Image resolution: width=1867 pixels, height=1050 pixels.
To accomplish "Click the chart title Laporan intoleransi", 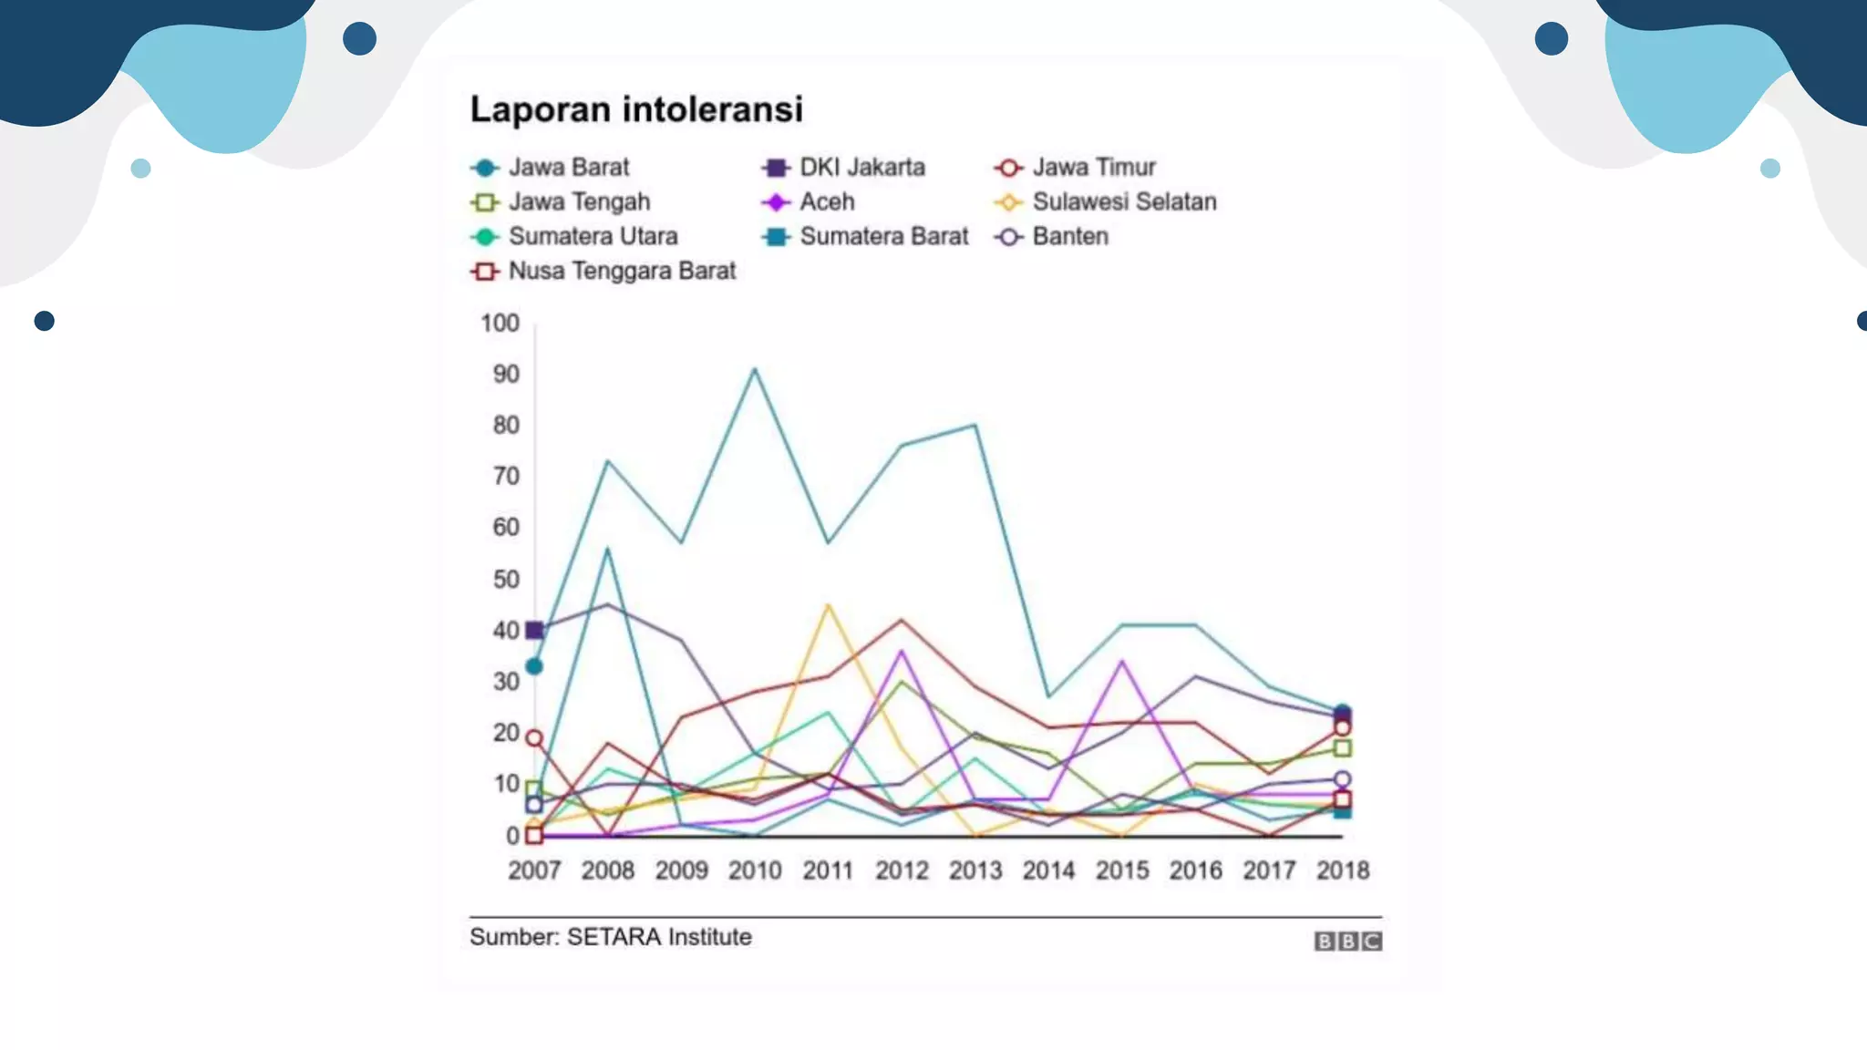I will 636,109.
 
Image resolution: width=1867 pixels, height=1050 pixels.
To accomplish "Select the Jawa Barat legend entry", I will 551,168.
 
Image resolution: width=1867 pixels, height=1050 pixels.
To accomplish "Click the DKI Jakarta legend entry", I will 844,168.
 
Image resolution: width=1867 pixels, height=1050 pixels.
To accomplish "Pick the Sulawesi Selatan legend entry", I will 1106,202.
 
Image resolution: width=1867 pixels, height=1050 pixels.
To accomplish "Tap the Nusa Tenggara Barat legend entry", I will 603,272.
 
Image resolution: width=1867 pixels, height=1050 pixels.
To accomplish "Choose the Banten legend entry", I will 1052,237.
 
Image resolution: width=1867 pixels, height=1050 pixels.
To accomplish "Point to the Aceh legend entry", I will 810,202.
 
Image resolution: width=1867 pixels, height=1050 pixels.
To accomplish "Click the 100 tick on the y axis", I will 500,324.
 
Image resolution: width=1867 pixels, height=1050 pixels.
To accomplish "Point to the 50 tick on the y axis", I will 505,580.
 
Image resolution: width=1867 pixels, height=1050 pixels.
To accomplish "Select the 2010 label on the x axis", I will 755,871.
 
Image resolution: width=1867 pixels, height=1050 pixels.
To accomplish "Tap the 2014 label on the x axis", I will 1048,871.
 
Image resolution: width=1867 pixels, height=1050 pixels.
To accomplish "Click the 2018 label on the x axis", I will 1342,871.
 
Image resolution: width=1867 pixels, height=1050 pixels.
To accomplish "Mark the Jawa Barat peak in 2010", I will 755,369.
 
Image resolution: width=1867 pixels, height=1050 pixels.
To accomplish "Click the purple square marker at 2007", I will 535,630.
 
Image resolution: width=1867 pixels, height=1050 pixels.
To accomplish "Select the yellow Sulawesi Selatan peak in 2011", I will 828,605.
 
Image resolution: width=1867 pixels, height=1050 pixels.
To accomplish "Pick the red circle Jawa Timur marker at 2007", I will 535,738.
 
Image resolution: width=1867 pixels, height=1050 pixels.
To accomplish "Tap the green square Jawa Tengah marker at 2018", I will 1342,748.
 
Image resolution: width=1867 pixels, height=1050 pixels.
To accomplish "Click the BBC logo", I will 1347,942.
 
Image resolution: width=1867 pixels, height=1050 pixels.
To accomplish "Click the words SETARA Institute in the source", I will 659,937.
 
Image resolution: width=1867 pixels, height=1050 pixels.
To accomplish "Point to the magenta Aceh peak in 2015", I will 1122,661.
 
